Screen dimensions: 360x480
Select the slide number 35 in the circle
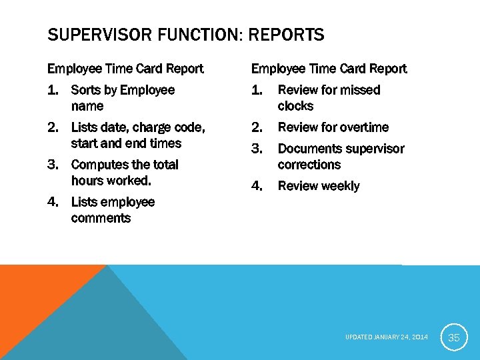pyautogui.click(x=454, y=338)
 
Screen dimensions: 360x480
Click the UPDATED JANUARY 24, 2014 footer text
pyautogui.click(x=387, y=338)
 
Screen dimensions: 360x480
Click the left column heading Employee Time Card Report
pyautogui.click(x=125, y=69)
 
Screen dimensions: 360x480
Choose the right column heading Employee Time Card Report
pyautogui.click(x=329, y=69)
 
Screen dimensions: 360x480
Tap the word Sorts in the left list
pyautogui.click(x=86, y=90)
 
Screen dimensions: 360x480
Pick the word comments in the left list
pyautogui.click(x=101, y=218)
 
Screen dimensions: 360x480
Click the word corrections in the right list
pyautogui.click(x=309, y=165)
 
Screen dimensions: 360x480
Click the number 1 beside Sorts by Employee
pyautogui.click(x=52, y=90)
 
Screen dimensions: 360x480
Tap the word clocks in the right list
pyautogui.click(x=295, y=106)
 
